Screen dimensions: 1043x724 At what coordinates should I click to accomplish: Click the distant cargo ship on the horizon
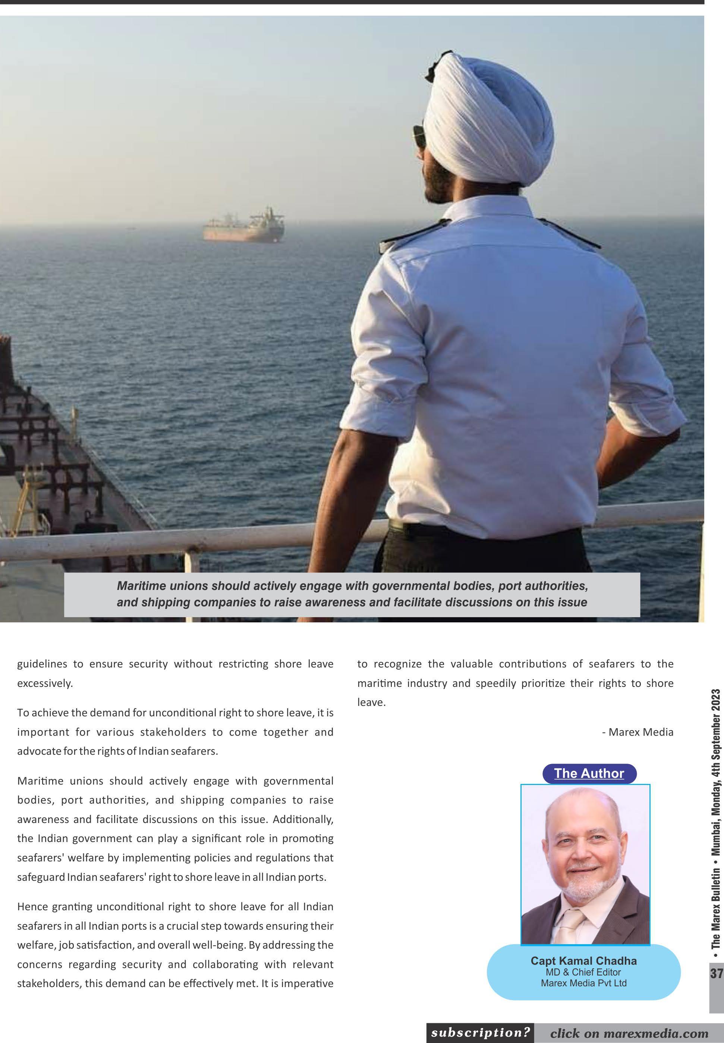point(243,226)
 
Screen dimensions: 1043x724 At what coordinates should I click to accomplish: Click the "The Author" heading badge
point(589,773)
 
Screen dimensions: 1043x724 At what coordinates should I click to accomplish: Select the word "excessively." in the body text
point(45,683)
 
